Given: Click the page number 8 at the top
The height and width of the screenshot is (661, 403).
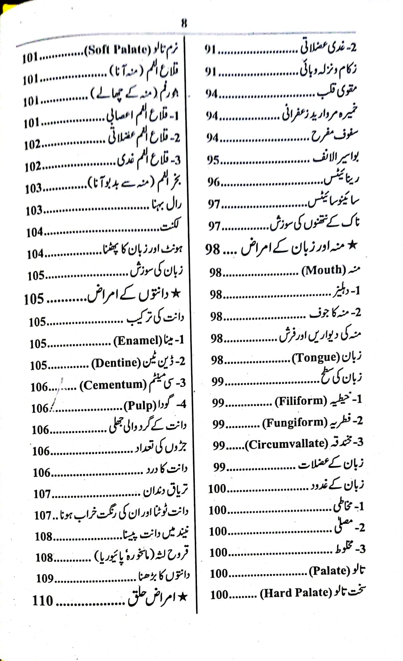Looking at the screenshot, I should coord(184,23).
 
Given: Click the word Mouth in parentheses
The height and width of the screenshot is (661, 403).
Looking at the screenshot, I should coord(324,270).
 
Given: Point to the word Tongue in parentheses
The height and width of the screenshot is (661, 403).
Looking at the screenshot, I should coord(316,358).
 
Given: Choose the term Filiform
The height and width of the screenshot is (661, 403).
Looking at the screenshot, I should coord(301,401).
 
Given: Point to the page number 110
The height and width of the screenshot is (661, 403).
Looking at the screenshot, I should coord(43,600).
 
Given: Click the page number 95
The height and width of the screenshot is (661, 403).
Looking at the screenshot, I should coord(213,160).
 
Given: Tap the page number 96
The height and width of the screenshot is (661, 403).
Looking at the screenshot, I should coord(214,182).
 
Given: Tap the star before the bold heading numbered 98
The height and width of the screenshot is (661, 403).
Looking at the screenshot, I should coord(353,245).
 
